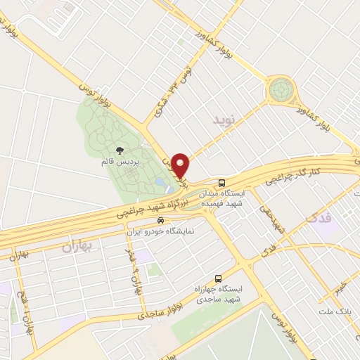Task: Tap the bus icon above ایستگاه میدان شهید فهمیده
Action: [x=221, y=180]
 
